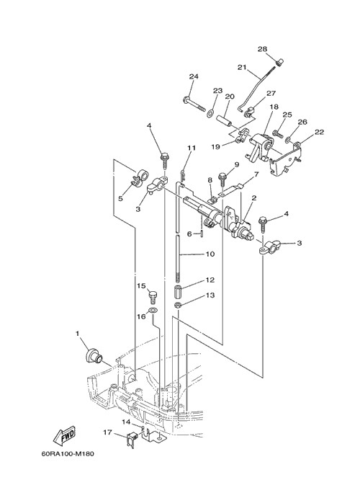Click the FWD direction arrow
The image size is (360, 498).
pos(64,437)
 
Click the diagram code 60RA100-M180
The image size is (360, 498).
pos(68,453)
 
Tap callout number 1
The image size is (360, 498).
pos(77,334)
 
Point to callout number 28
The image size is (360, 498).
pos(262,49)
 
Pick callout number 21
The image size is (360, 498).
pos(242,67)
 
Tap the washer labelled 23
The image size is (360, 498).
pos(210,113)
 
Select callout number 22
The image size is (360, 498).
pos(319,132)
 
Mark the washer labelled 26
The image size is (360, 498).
pos(289,139)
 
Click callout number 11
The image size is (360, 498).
pos(192,148)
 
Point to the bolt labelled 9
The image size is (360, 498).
pos(222,180)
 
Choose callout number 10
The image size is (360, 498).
pos(210,254)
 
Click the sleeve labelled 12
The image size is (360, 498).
pos(179,292)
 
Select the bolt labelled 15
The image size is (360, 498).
pos(153,297)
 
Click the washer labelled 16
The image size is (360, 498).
pos(153,311)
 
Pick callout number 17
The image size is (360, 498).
pos(107,432)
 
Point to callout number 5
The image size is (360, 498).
pos(120,198)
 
